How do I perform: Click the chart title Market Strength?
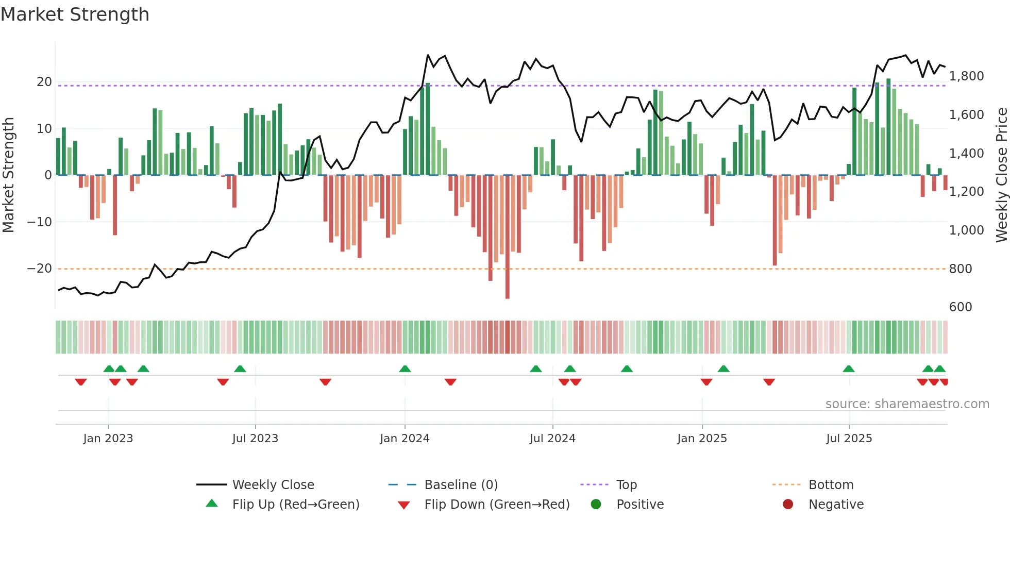pyautogui.click(x=75, y=14)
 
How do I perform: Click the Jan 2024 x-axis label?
pyautogui.click(x=405, y=439)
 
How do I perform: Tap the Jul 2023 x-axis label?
pyautogui.click(x=255, y=439)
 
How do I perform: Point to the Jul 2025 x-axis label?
pyautogui.click(x=849, y=439)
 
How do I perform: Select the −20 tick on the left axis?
pyautogui.click(x=40, y=269)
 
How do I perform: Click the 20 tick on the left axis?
pyautogui.click(x=44, y=82)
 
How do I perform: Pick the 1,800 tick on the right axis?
pyautogui.click(x=966, y=76)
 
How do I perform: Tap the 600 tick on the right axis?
pyautogui.click(x=961, y=307)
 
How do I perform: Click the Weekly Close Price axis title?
pyautogui.click(x=1001, y=175)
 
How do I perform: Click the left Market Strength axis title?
pyautogui.click(x=8, y=175)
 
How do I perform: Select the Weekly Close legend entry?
pyautogui.click(x=273, y=485)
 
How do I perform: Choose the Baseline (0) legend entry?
pyautogui.click(x=461, y=485)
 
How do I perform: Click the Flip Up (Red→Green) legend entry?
pyautogui.click(x=295, y=505)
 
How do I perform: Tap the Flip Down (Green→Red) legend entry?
pyautogui.click(x=497, y=505)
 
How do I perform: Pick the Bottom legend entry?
pyautogui.click(x=831, y=485)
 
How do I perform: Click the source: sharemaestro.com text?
pyautogui.click(x=907, y=404)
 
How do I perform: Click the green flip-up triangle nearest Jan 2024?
pyautogui.click(x=405, y=369)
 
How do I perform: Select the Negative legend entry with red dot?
pyautogui.click(x=836, y=505)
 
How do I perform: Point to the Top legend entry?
pyautogui.click(x=626, y=485)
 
